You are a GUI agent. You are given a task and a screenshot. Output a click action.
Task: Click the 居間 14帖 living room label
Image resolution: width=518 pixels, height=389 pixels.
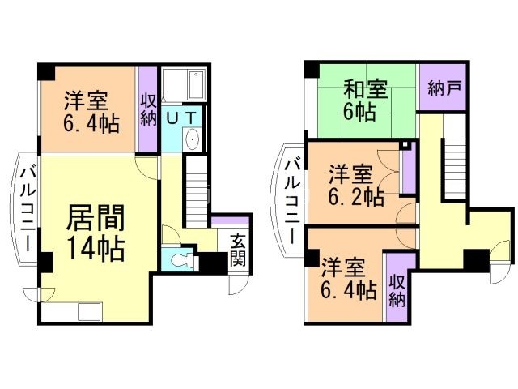pos(95,232)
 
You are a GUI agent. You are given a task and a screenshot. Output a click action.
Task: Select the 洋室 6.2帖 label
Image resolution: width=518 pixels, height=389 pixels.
pos(355,185)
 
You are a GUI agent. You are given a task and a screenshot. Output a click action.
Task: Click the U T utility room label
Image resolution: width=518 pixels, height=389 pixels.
pos(181,118)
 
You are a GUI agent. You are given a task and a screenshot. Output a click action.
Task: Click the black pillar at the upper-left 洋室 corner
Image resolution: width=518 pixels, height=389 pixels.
pos(45,71)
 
